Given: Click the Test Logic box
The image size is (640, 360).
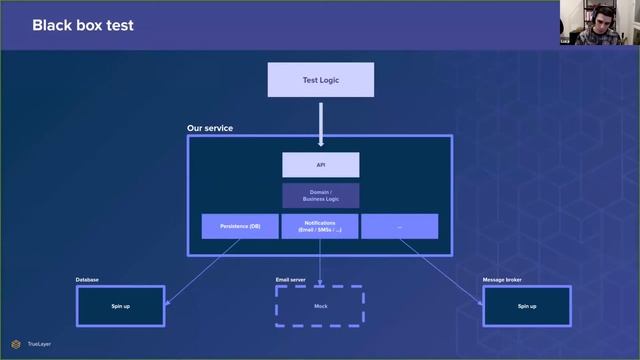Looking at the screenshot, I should tap(320, 80).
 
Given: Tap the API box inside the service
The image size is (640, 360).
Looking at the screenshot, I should tap(320, 164).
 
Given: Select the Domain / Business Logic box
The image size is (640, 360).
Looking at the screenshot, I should tap(320, 196).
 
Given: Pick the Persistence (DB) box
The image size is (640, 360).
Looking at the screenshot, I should tap(240, 227).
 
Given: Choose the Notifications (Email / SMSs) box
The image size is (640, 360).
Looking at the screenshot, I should tap(320, 227).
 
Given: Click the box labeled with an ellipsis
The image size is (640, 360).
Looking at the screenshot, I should tap(399, 227).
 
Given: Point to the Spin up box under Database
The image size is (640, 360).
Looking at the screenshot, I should tap(120, 305).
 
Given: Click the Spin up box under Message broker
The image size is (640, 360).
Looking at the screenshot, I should tap(526, 305).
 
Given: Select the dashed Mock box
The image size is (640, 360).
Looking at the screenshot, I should tap(320, 305).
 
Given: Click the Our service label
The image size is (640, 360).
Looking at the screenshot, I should tap(209, 129).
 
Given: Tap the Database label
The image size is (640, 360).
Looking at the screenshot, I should tap(87, 279).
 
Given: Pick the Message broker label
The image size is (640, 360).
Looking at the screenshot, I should tap(502, 279).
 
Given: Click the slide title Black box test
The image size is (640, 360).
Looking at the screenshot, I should tap(83, 24).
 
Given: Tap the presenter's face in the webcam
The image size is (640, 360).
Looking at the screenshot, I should tap(604, 20).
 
